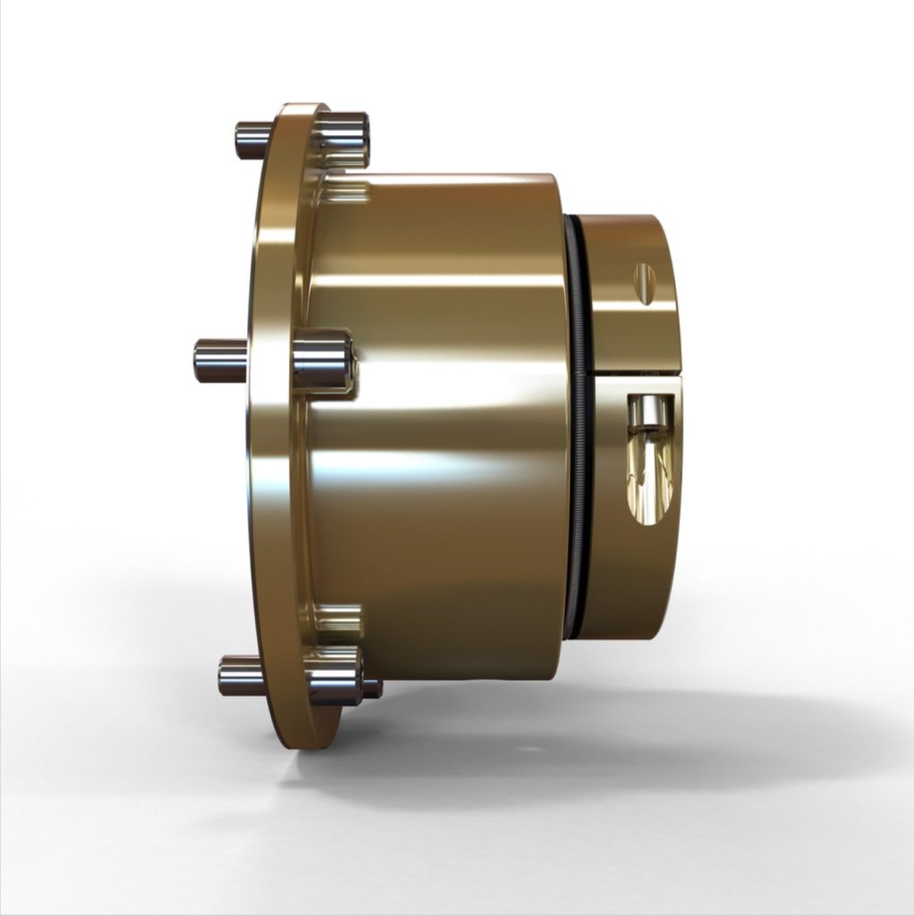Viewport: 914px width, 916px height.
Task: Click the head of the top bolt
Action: click(343, 137)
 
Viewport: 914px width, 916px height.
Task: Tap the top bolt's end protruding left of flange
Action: click(251, 140)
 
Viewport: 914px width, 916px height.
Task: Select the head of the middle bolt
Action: click(322, 360)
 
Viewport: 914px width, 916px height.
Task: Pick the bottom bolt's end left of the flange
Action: click(240, 676)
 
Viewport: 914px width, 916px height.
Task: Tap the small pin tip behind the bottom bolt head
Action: click(373, 689)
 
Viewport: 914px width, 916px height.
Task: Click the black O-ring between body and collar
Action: click(578, 429)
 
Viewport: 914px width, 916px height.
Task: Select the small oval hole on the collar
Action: click(644, 282)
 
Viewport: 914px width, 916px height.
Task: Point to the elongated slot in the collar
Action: click(652, 461)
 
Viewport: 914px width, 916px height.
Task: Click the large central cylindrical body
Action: click(438, 429)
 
